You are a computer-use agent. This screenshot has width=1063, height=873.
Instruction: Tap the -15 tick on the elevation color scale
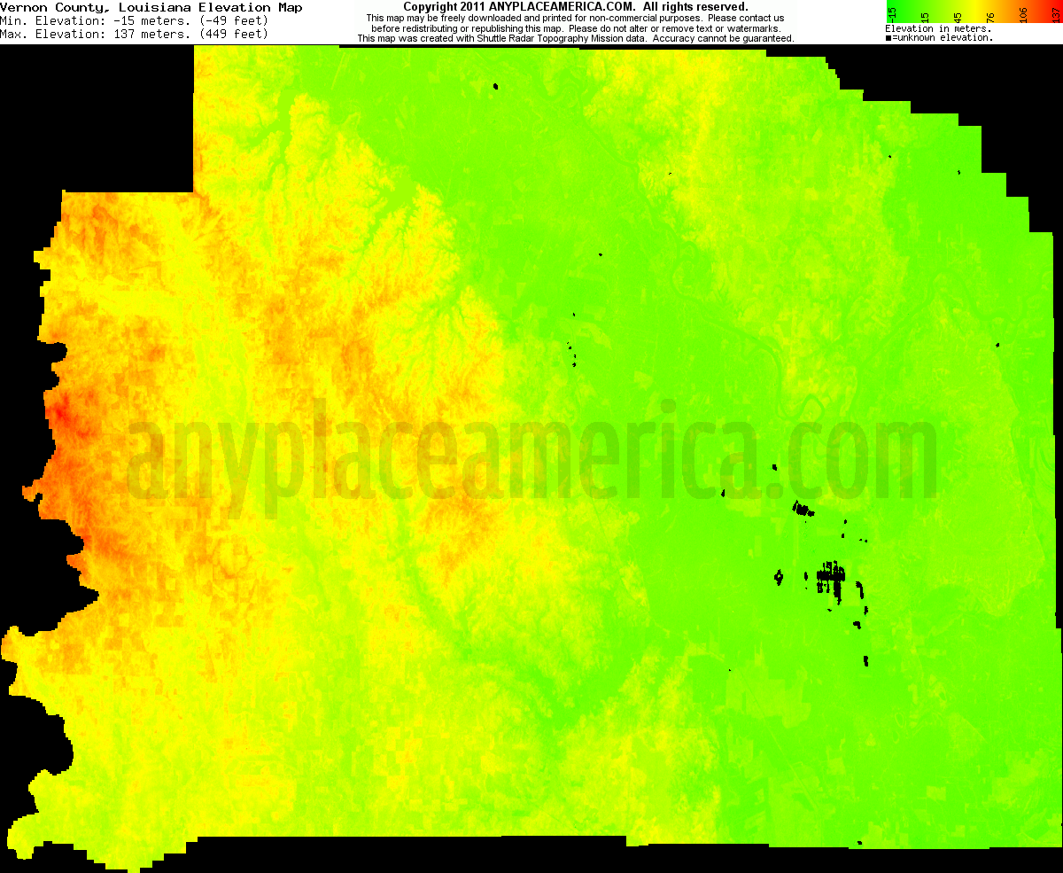(893, 12)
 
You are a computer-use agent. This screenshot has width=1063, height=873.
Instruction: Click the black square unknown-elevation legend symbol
(888, 38)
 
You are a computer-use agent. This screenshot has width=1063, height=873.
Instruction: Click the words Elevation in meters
(938, 28)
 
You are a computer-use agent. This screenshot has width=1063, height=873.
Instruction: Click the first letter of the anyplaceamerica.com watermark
(146, 461)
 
